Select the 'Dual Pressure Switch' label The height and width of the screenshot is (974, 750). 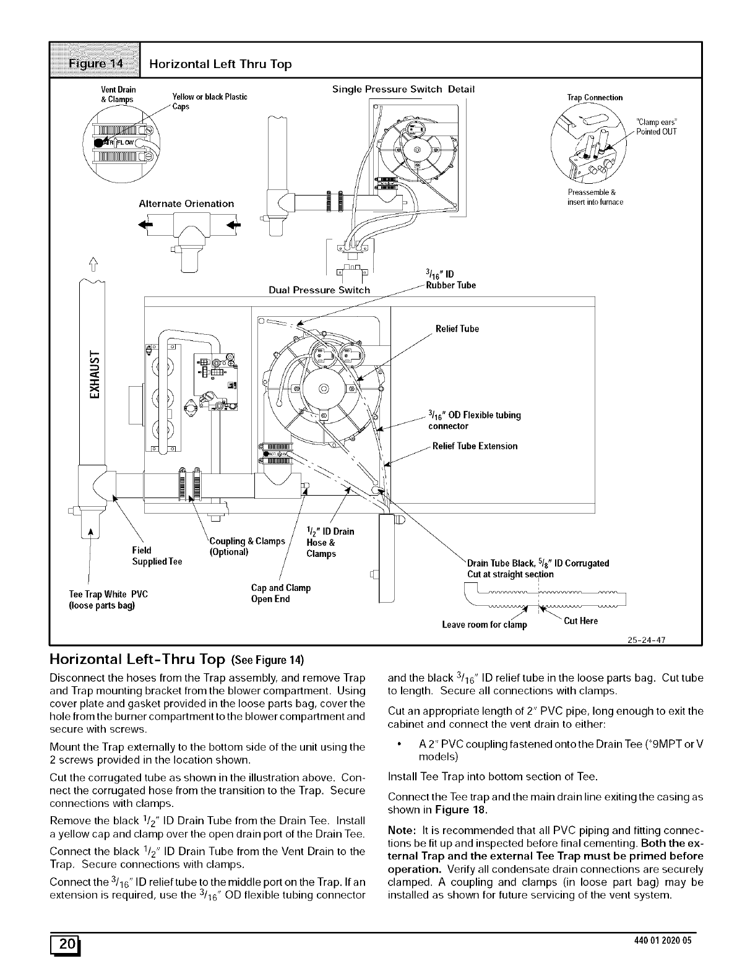(319, 290)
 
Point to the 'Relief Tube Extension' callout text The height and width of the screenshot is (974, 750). (475, 446)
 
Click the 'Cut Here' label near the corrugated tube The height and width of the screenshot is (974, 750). (581, 621)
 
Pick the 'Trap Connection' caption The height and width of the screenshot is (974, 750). (595, 98)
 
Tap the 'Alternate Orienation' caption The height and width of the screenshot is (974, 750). (186, 204)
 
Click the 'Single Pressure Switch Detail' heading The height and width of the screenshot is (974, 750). (403, 89)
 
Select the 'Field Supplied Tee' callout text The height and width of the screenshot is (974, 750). (157, 556)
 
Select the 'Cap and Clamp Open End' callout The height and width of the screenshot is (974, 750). (280, 593)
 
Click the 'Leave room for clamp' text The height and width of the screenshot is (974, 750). (485, 624)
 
